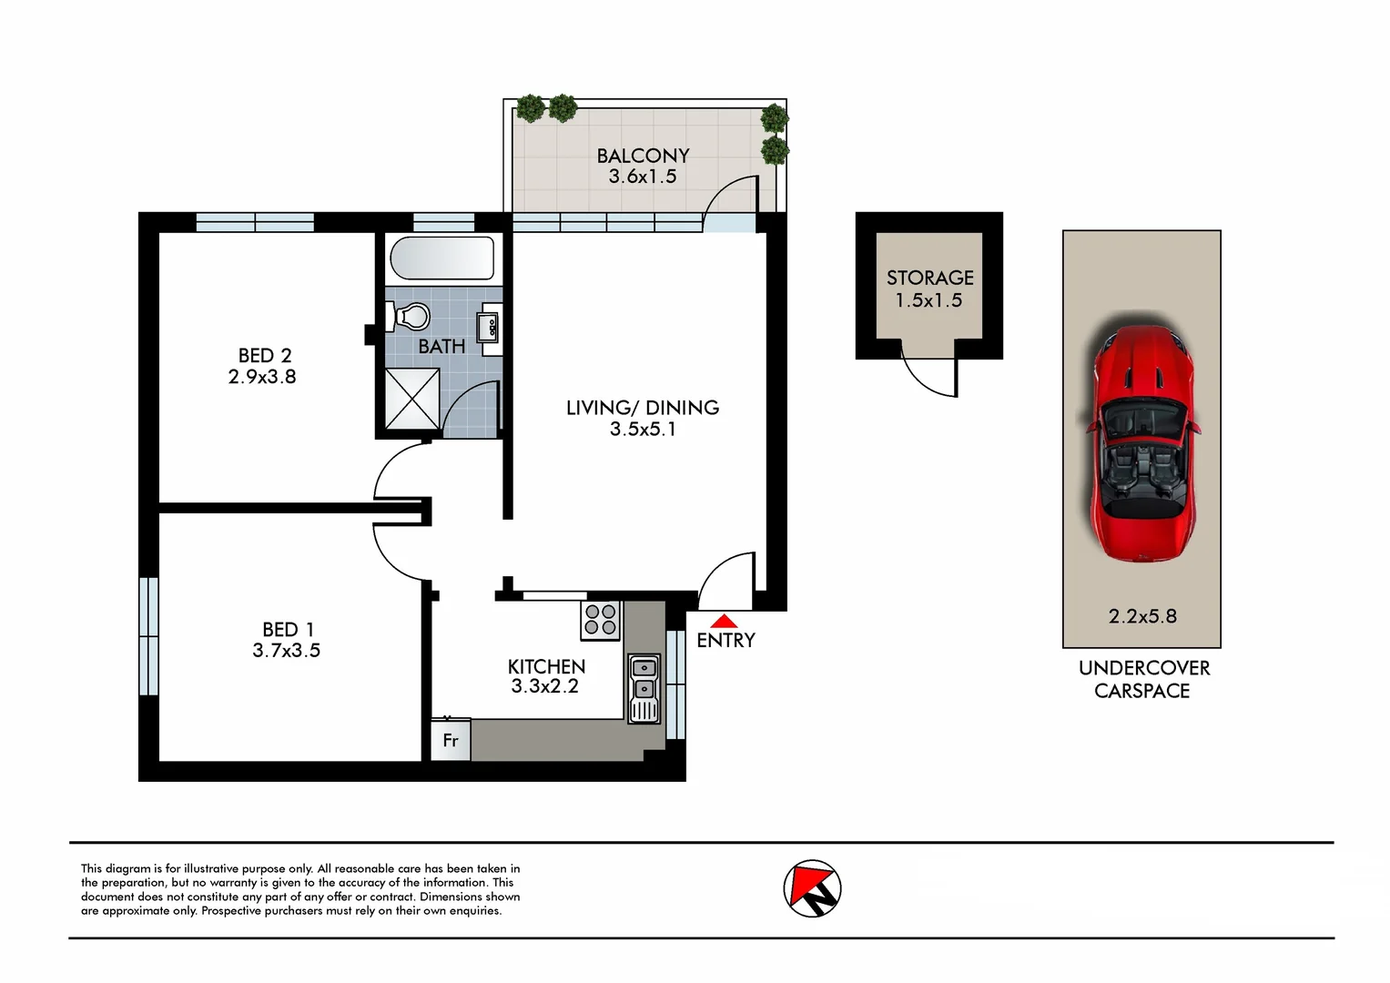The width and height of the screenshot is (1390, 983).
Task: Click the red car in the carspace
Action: [1141, 444]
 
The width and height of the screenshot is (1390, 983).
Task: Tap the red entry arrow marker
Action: [724, 621]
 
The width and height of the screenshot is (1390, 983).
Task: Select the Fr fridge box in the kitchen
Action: [451, 740]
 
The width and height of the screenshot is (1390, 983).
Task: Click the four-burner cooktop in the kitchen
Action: [601, 620]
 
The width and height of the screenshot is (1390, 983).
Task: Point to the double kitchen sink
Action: [644, 689]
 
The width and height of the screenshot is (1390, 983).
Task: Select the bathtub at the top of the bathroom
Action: [441, 258]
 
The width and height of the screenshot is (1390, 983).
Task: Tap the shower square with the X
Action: [412, 398]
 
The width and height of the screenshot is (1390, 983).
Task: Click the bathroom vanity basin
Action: [488, 326]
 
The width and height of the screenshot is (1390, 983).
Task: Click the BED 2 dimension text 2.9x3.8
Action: [262, 377]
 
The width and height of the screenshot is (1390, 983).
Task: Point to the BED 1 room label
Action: [288, 629]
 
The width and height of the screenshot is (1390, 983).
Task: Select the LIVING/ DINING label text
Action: [643, 408]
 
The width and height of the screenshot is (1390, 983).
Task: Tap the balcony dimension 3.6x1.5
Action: [643, 177]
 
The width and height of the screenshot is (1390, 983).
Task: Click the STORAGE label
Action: [929, 278]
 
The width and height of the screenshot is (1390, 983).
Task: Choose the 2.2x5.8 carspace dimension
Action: [1142, 616]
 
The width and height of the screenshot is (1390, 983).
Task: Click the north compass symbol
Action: [812, 888]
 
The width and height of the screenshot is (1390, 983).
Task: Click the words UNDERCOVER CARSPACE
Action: [1143, 679]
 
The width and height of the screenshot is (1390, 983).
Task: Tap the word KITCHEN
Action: [546, 666]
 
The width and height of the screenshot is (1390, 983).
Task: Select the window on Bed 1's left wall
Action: [148, 636]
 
